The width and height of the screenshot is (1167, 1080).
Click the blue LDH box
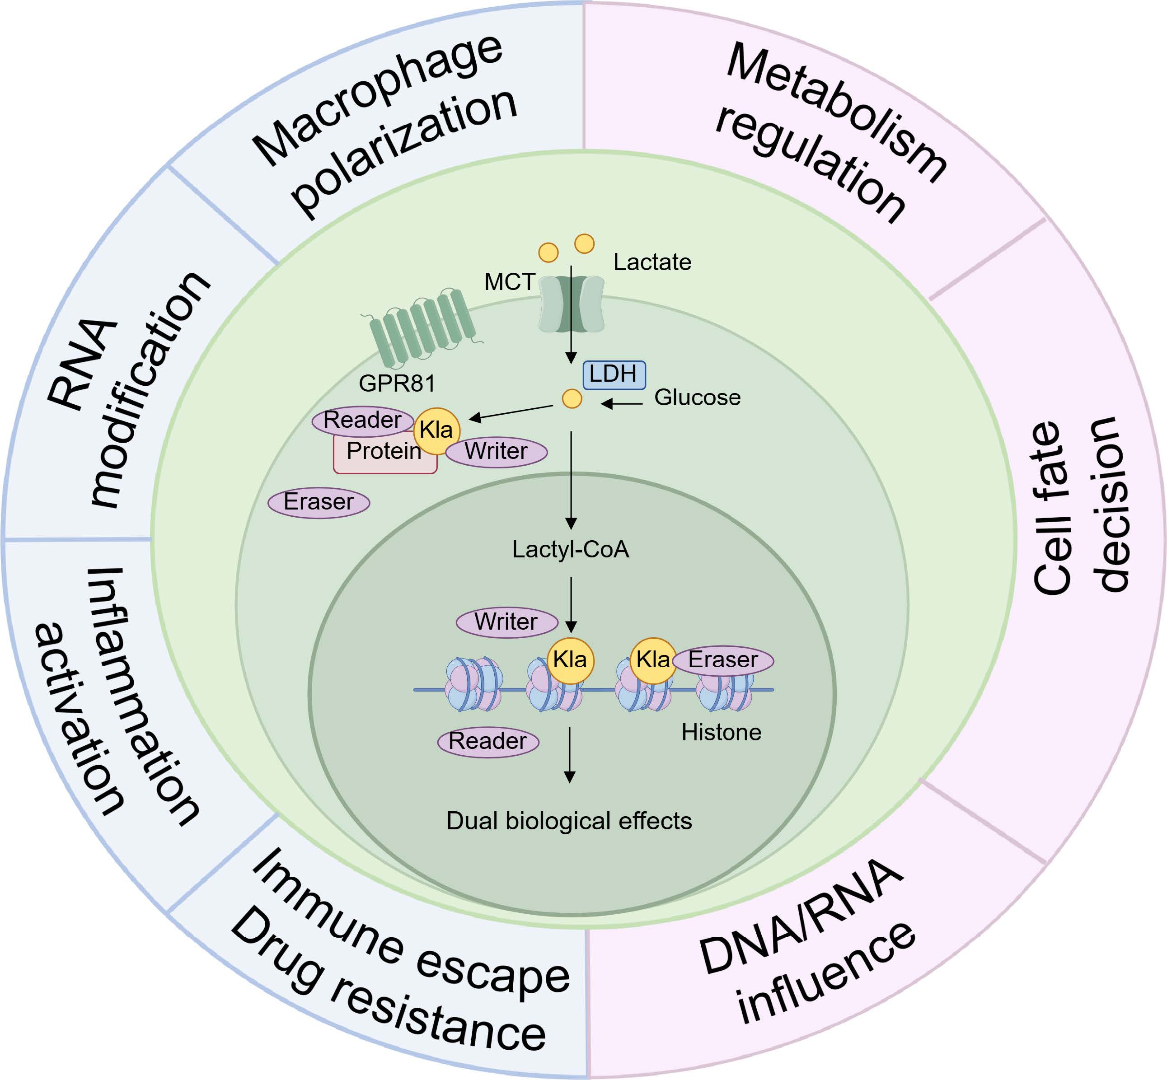[614, 374]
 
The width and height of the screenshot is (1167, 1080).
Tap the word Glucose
[697, 397]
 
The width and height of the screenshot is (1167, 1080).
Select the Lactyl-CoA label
[571, 550]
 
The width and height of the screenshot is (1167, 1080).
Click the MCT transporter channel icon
[571, 304]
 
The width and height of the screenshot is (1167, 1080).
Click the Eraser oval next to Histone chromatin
[723, 660]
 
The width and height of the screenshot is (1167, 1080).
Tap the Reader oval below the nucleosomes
[487, 741]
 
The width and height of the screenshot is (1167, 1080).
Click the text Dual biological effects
[569, 821]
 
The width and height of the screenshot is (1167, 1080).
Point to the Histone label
[722, 732]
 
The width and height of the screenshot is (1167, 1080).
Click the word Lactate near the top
[652, 262]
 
